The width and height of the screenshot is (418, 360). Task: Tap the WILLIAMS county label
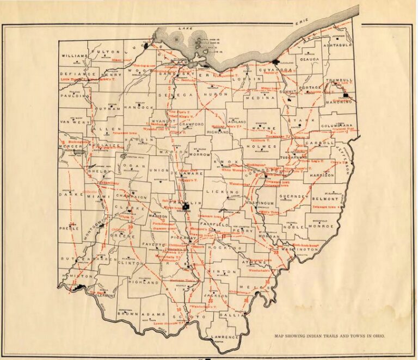click(x=75, y=56)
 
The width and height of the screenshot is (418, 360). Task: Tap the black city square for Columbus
click(x=186, y=207)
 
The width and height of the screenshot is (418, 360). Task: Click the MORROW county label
click(x=199, y=153)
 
